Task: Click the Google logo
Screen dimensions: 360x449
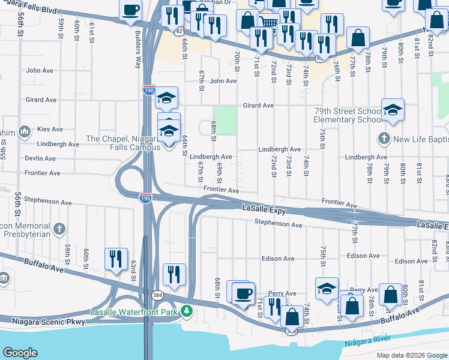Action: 20,353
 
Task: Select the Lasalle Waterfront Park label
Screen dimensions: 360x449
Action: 135,312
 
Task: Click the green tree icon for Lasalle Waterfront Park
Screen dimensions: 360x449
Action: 187,311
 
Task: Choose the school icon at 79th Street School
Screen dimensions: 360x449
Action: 393,109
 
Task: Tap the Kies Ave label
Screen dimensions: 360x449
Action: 50,129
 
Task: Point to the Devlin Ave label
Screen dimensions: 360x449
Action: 40,158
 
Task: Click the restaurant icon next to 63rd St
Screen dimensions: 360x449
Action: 116,259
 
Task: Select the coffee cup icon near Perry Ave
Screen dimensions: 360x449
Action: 243,293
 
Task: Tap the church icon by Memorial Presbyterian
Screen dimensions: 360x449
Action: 59,229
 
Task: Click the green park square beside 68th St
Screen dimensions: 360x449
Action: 226,120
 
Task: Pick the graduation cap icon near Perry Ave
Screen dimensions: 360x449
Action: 327,289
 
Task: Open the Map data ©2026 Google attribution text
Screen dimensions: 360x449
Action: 411,355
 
